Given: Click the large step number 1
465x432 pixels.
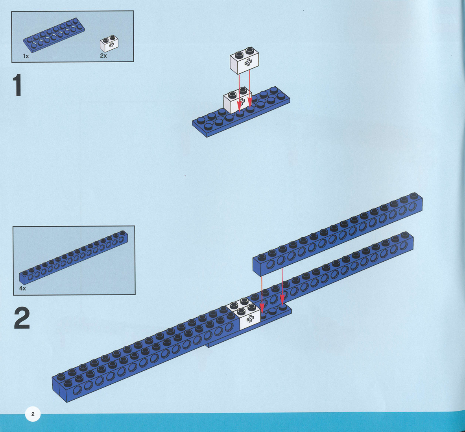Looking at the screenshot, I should coord(17,86).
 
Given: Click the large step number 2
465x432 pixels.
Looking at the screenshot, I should coord(22,318).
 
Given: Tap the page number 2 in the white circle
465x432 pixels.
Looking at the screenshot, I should coord(33,414).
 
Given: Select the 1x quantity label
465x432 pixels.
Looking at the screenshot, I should coord(26,56).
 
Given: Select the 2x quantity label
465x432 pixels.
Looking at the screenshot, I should coord(103,56).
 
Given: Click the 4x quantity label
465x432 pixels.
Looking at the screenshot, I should coord(23,289).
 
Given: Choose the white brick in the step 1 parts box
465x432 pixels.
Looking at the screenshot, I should coord(109,44).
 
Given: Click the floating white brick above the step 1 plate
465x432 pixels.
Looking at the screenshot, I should coord(244,61).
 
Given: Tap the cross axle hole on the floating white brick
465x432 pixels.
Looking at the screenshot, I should coord(248,62).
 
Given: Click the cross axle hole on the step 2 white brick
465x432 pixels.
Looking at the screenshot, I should coord(250,320).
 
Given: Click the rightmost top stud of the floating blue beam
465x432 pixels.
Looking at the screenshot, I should coord(413,196).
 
